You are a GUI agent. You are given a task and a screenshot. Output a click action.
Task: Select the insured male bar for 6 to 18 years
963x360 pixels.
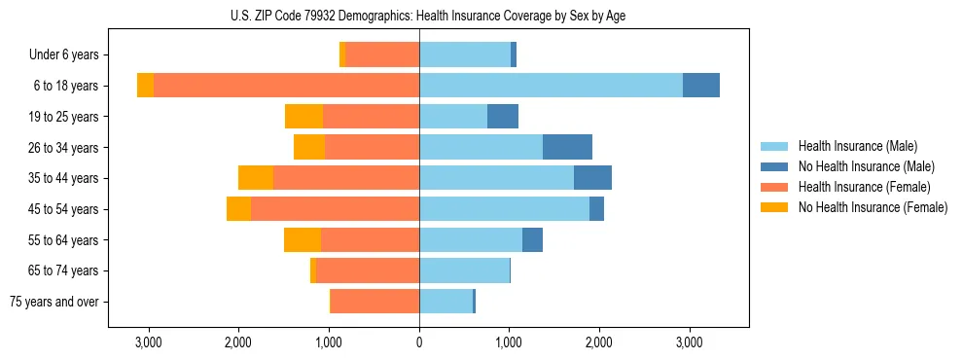551,86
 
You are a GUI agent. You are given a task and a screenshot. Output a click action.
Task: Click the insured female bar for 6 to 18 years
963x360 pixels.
286,86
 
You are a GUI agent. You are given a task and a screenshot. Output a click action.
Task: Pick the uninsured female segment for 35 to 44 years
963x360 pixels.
256,178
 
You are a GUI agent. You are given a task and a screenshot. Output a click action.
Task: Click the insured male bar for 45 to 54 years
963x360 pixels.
504,209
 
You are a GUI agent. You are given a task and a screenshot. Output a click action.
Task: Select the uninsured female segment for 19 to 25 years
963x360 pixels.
303,117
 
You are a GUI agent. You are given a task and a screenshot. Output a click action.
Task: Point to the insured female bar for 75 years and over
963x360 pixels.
375,302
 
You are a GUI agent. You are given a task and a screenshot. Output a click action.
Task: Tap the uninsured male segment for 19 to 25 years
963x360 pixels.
503,117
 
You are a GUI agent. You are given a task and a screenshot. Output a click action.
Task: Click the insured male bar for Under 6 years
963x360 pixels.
465,54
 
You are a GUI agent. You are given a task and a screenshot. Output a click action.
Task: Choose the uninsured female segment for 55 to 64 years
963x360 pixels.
303,240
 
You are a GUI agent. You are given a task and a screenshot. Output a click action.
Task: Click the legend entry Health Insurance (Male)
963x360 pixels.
857,146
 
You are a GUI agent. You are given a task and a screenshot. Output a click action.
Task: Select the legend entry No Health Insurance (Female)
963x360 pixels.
873,207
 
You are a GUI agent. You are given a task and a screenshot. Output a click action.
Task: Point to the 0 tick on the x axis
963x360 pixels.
419,342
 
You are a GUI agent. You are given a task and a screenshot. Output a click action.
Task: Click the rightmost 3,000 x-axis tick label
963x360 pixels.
689,342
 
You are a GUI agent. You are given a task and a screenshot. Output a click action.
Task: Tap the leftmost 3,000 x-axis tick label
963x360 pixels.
149,342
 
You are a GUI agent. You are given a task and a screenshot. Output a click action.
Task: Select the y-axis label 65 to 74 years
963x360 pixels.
64,271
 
